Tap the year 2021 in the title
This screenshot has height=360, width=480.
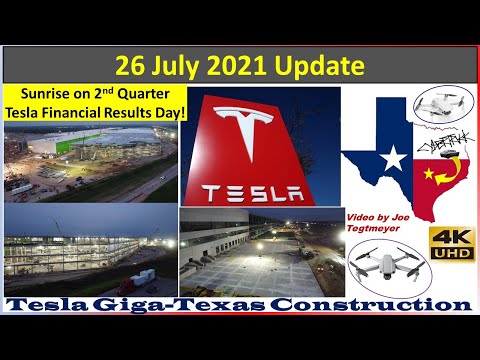227,67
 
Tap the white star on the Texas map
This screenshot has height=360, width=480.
393,158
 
